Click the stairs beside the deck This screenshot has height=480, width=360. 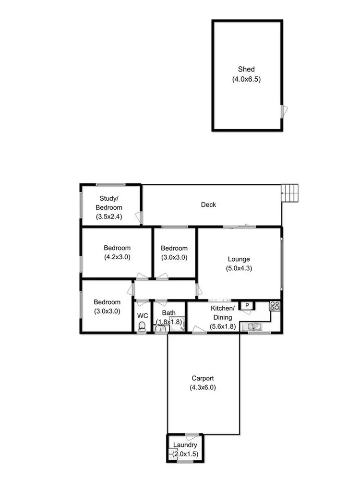pyautogui.click(x=289, y=194)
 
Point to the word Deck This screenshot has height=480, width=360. pyautogui.click(x=208, y=204)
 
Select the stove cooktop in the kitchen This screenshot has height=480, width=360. pyautogui.click(x=275, y=306)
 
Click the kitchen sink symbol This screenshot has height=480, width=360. pyautogui.click(x=252, y=327)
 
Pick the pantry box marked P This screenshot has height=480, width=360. pyautogui.click(x=247, y=305)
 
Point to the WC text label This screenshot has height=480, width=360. pyautogui.click(x=143, y=315)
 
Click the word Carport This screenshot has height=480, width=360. pyautogui.click(x=203, y=378)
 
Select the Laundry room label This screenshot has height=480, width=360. pyautogui.click(x=185, y=445)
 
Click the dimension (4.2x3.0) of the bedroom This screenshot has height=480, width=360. pyautogui.click(x=117, y=257)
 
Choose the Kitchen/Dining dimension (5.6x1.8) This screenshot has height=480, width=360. pyautogui.click(x=223, y=327)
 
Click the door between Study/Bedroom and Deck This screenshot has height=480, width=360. pyautogui.click(x=139, y=217)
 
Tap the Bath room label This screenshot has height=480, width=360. pyautogui.click(x=168, y=313)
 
